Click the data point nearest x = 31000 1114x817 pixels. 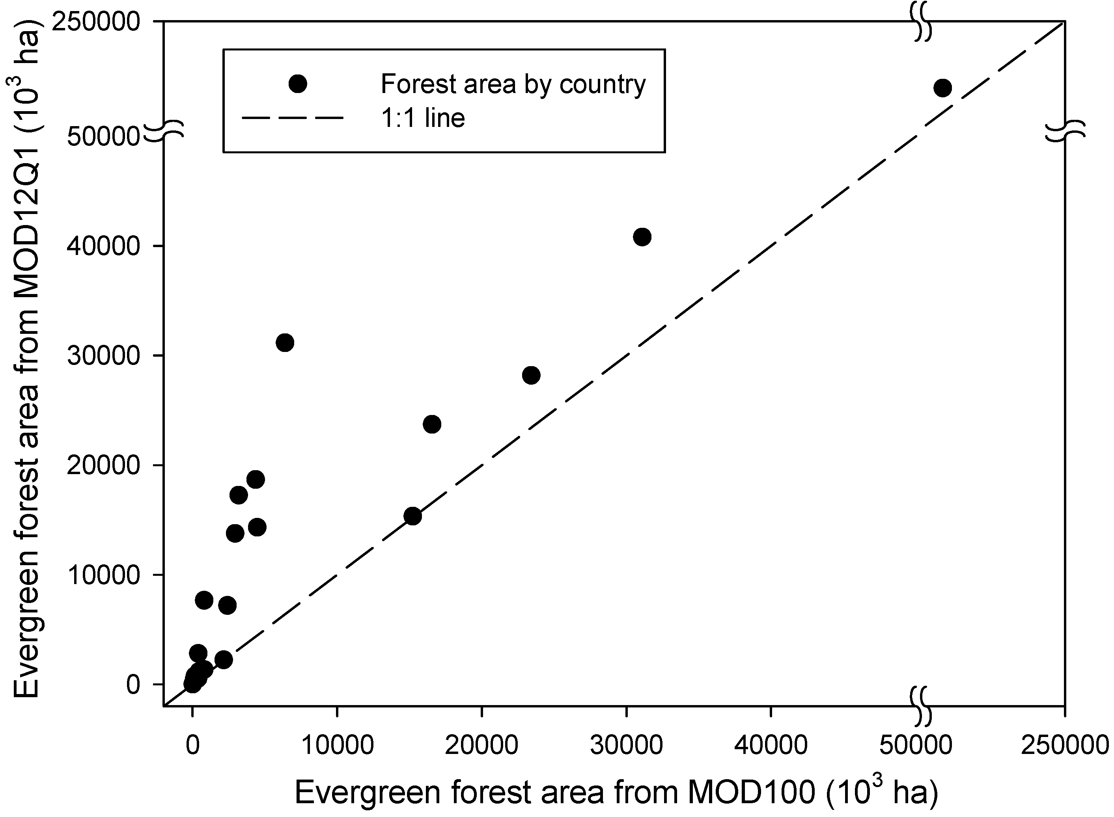pos(642,237)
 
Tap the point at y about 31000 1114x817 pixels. pos(285,342)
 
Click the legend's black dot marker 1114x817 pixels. pos(298,84)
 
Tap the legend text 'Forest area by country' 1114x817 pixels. pos(513,84)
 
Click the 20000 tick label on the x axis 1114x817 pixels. pos(481,745)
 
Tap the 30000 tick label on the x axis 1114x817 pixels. pos(626,745)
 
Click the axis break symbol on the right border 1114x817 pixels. pos(1065,131)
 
